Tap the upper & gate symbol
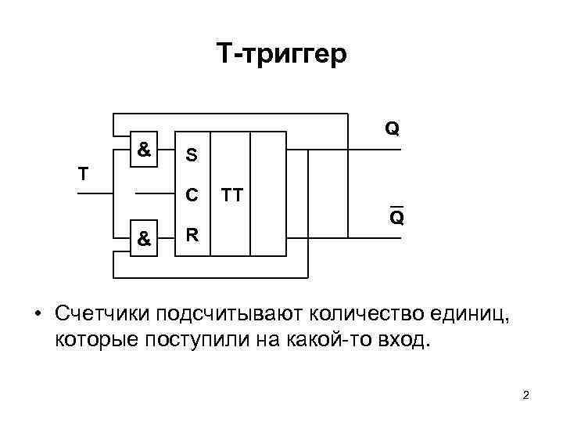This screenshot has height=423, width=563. tap(144, 147)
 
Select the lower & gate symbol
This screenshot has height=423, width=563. tap(144, 240)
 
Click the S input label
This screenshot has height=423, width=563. tap(191, 156)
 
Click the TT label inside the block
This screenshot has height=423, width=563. tap(231, 194)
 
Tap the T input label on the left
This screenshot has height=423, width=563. tap(83, 173)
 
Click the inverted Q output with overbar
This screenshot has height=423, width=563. tap(396, 217)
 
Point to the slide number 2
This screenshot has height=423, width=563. tap(525, 396)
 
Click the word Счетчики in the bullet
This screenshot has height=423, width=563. tap(102, 314)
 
